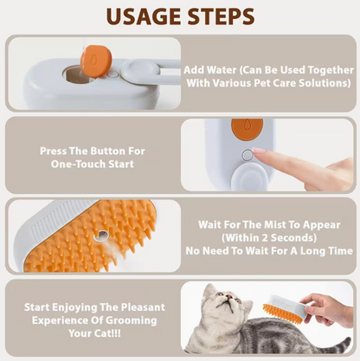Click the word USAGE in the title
145,16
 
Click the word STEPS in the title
221,16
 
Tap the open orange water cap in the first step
96,61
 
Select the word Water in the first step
222,70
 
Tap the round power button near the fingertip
247,155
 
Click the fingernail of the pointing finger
259,151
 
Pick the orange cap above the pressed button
247,128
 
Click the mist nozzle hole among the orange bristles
101,236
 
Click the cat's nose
229,296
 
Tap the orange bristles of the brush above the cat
282,313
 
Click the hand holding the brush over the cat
327,310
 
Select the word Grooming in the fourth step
132,320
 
